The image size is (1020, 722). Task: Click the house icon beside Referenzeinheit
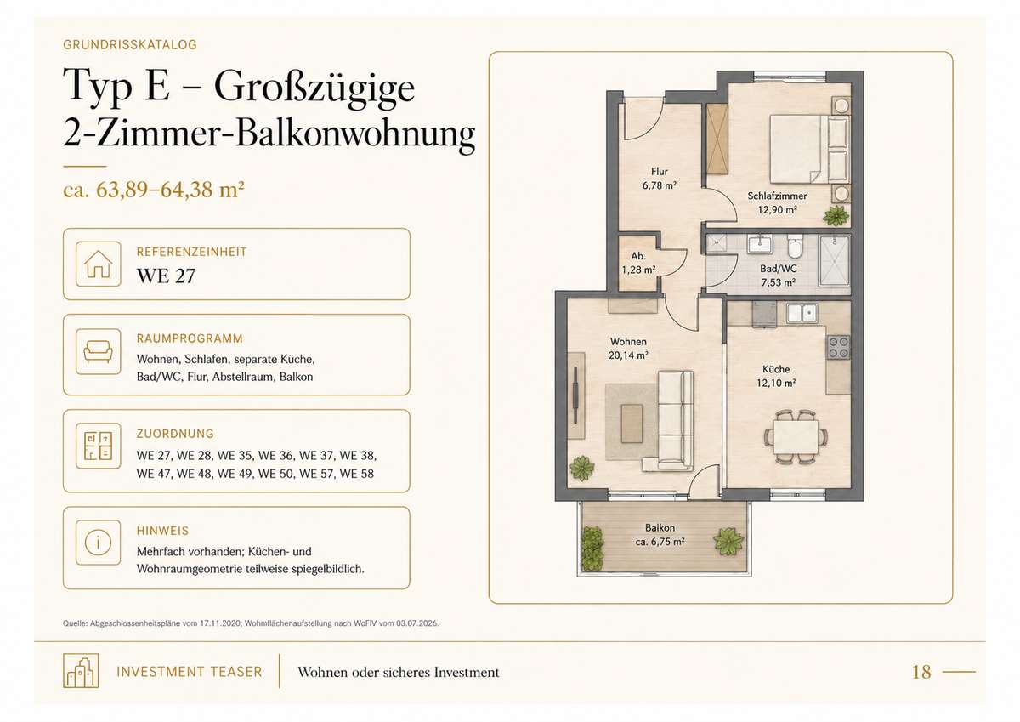tap(99, 264)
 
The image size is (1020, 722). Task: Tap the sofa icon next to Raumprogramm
tap(98, 352)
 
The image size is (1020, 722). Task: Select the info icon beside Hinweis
tap(98, 543)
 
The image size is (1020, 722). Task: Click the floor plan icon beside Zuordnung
tap(98, 446)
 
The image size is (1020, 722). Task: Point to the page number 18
tap(921, 672)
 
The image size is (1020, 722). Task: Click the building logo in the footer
tap(81, 670)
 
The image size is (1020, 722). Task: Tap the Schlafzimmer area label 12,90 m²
tap(777, 210)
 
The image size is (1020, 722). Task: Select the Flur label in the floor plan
tap(660, 172)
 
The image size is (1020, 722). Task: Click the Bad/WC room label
tap(779, 269)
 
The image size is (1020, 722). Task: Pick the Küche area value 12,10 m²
tap(776, 383)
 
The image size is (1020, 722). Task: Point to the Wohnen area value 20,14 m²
tap(628, 355)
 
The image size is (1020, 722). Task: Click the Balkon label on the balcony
tap(660, 528)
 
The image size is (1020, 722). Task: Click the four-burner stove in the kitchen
tap(838, 347)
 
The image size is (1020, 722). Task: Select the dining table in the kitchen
tap(796, 437)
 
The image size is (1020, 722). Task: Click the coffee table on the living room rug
tap(632, 424)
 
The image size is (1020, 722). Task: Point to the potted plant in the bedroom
tap(836, 215)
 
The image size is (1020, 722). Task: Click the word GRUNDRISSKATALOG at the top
tap(130, 44)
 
